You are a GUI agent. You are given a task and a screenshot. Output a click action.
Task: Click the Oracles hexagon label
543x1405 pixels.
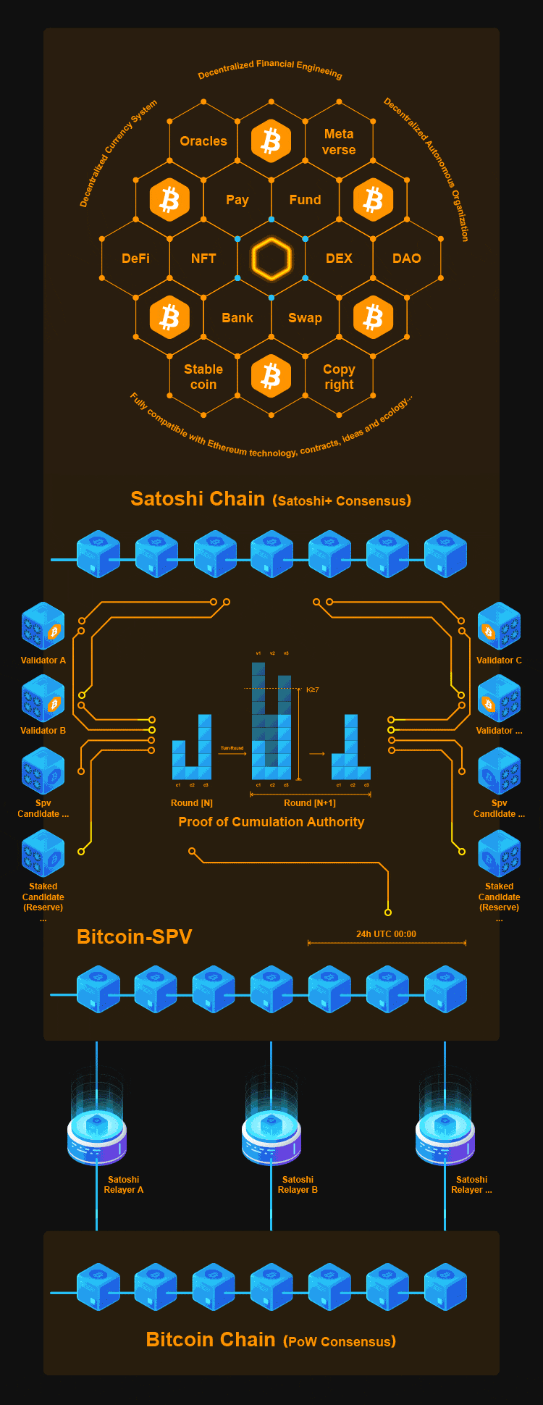coord(203,141)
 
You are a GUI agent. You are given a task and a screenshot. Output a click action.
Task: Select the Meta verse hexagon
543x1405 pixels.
coord(339,142)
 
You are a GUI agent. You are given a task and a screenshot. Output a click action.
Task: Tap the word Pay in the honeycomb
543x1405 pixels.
coord(237,200)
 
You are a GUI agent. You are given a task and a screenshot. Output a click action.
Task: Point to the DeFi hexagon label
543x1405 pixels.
coord(135,259)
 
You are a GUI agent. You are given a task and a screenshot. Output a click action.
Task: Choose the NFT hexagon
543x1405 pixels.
coord(203,259)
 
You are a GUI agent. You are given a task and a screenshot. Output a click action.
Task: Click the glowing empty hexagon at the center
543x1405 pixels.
coord(271,259)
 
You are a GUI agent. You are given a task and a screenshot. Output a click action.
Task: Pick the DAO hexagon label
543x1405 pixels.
coord(406,259)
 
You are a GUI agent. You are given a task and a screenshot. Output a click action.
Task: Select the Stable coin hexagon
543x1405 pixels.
coord(203,377)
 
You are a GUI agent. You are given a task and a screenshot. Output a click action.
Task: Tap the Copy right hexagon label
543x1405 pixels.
coord(339,377)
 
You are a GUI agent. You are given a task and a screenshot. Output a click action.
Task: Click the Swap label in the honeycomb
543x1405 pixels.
coord(305,318)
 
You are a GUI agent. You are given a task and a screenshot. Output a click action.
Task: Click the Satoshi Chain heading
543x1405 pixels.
coord(198,499)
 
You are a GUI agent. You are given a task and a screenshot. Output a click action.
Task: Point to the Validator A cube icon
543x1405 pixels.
coord(43,626)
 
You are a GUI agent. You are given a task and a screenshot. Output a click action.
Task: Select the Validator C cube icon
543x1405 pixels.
coord(499,626)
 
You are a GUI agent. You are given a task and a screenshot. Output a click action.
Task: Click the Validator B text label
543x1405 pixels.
coord(43,731)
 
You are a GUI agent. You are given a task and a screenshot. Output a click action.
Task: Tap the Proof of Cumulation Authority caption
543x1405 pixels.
coord(271,822)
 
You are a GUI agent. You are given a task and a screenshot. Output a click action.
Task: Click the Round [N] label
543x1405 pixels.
coord(192,803)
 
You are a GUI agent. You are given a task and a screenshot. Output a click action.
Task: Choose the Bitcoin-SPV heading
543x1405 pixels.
coord(134,937)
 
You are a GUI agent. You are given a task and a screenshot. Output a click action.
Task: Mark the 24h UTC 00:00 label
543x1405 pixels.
coord(386,934)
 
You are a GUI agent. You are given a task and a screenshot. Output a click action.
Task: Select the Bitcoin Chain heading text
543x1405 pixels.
coord(211,1340)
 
